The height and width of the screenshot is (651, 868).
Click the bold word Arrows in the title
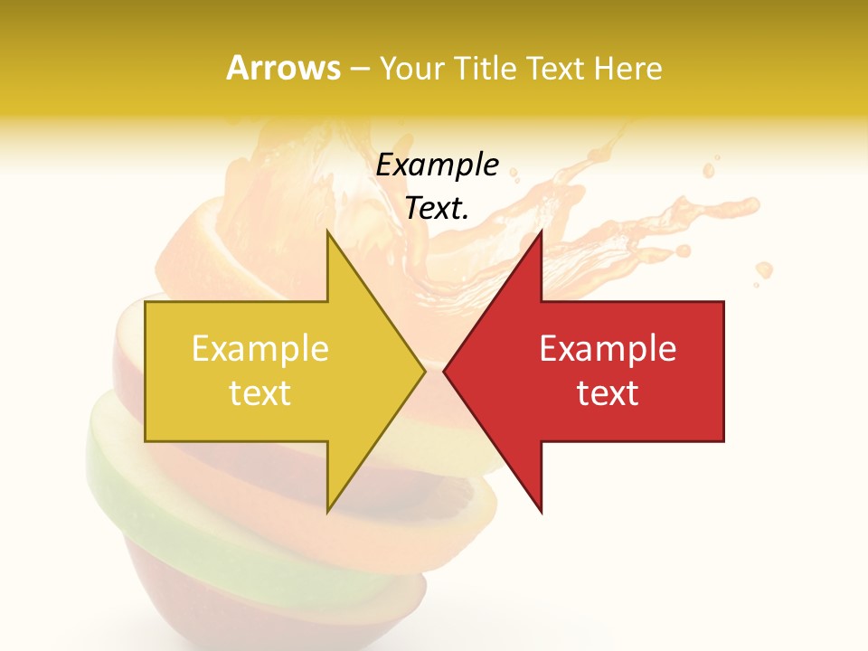(284, 68)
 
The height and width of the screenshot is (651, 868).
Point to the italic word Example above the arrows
(437, 165)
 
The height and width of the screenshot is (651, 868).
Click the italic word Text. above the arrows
(437, 208)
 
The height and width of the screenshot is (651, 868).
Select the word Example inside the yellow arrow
(260, 349)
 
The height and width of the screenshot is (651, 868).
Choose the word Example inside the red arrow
(608, 349)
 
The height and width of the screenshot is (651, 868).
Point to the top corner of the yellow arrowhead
(328, 233)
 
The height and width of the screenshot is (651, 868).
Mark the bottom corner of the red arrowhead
(541, 511)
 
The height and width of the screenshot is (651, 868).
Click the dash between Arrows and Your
(360, 69)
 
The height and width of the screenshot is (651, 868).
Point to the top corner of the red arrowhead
(541, 233)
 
